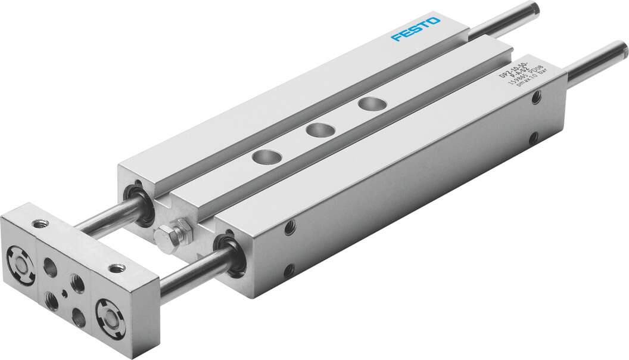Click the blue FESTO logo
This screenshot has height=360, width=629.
[416, 29]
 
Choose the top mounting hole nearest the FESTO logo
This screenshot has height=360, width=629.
[369, 104]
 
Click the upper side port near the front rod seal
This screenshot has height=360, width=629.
[290, 226]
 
